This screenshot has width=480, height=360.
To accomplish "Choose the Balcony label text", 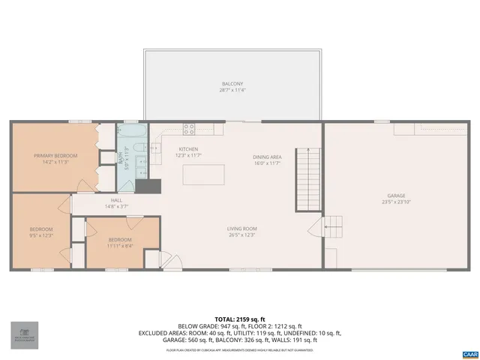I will (x=232, y=84).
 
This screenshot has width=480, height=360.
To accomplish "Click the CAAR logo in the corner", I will (x=469, y=352).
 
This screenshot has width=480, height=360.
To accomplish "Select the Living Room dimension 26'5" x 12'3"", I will (x=242, y=235).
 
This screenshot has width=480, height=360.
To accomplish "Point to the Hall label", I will (x=116, y=200).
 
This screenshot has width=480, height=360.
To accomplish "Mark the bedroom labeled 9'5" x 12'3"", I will (x=41, y=232).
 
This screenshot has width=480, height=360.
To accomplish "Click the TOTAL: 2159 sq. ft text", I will (x=239, y=320).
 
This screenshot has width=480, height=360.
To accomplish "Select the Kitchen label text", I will (x=188, y=149).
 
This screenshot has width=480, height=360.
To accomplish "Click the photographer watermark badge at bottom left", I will (x=24, y=335).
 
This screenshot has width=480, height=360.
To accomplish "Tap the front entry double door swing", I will (x=171, y=262).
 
